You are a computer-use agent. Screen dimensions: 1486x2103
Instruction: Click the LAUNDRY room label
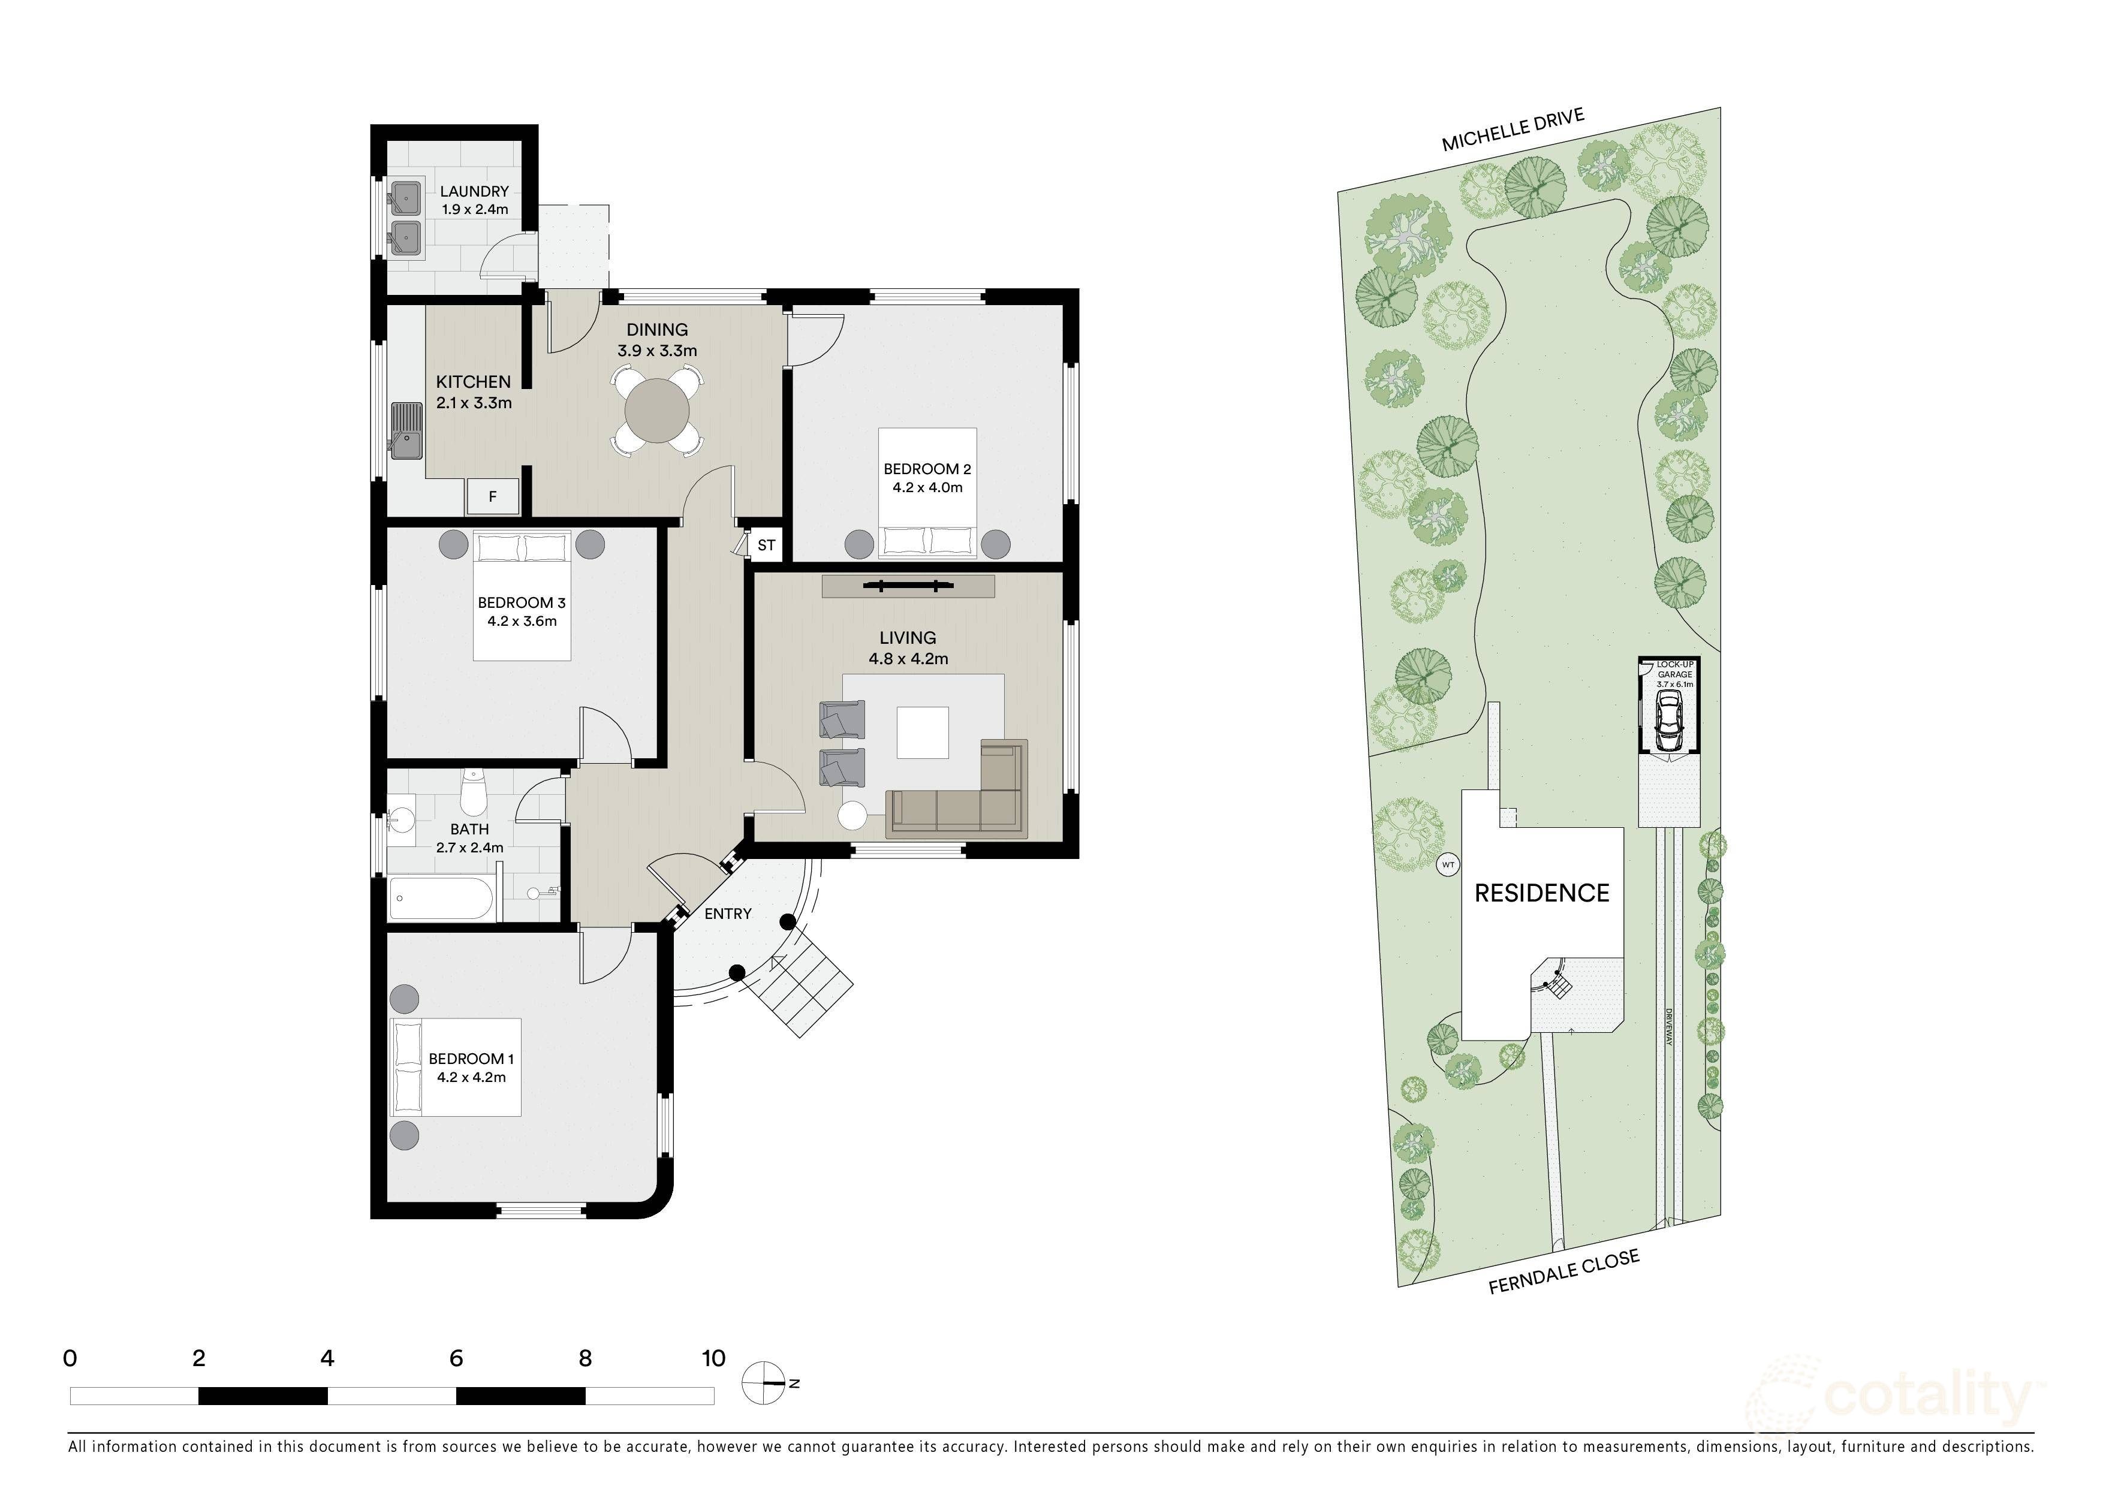click(474, 191)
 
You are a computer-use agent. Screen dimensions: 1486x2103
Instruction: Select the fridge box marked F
click(493, 497)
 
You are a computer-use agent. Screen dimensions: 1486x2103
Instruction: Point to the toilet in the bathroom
click(472, 795)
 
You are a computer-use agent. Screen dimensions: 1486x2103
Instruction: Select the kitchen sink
click(406, 430)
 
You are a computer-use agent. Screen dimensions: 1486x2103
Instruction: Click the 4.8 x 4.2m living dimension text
click(908, 658)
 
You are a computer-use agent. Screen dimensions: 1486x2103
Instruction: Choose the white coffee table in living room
click(923, 733)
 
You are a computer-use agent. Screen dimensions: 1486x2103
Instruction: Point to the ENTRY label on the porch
click(727, 914)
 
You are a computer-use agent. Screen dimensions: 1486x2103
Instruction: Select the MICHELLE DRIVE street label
click(1513, 130)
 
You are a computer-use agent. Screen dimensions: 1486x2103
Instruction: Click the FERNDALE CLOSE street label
click(1563, 1273)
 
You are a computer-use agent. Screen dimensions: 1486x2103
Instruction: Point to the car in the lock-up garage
click(1669, 719)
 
